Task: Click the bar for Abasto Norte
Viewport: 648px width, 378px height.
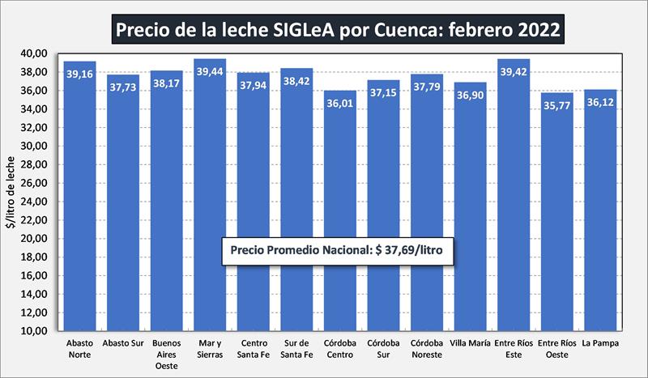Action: pos(80,202)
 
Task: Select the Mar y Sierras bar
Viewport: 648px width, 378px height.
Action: pos(210,202)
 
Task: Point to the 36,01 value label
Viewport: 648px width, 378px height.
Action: pos(340,104)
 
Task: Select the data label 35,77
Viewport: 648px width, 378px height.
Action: pos(556,107)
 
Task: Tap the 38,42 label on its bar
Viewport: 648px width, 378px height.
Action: pos(296,83)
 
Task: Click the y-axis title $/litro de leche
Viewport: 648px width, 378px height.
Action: pos(12,193)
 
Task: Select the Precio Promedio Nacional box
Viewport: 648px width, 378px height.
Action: pos(339,250)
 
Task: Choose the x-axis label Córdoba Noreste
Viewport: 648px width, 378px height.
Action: pos(427,348)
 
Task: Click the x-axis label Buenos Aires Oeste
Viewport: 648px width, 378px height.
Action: pos(167,354)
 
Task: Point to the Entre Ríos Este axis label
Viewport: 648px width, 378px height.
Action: pos(514,348)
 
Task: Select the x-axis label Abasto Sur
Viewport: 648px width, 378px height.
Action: pos(123,342)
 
